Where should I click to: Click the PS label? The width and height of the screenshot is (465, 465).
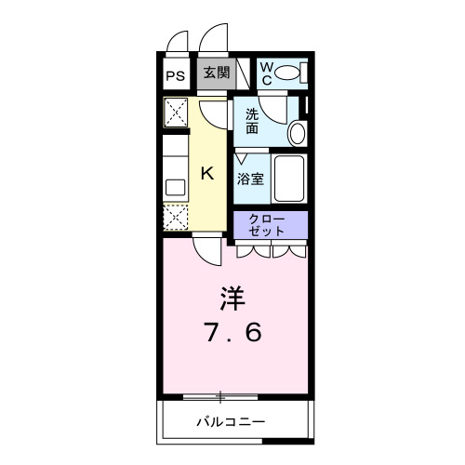pos(176,76)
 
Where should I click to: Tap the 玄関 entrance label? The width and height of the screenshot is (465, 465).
pos(216,73)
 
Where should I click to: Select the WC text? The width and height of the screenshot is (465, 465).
pos(265,73)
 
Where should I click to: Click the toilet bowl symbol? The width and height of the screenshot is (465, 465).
pos(290,73)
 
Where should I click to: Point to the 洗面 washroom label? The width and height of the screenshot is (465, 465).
pos(253,121)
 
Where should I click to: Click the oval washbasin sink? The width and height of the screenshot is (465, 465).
pos(297,133)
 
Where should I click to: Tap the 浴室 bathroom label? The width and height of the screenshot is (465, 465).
pos(252,178)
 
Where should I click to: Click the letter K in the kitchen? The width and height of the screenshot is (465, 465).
pos(208,172)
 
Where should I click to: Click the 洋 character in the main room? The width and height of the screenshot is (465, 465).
pos(232,299)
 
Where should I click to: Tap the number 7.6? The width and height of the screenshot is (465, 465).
pos(233,332)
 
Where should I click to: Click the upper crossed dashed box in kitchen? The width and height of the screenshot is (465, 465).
pos(176,113)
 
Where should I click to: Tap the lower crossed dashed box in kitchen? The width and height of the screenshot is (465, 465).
pos(176,218)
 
